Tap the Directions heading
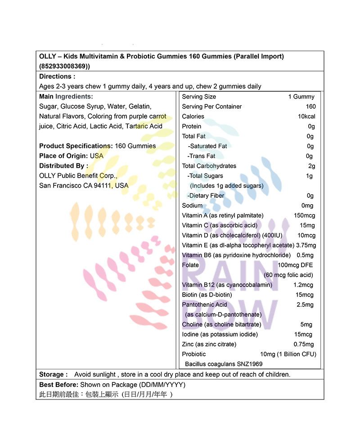click(x=57, y=76)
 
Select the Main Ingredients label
click(x=66, y=97)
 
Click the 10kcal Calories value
click(x=306, y=117)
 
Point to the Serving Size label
click(x=199, y=97)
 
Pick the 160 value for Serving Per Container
click(x=310, y=107)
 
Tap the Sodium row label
click(x=192, y=206)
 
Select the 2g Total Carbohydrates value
click(x=311, y=166)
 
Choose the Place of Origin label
click(x=63, y=156)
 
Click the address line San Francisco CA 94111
click(x=84, y=185)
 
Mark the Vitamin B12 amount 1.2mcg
click(x=303, y=285)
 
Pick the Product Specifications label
click(x=75, y=146)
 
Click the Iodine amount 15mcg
click(x=303, y=334)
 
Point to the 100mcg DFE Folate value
click(x=295, y=265)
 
